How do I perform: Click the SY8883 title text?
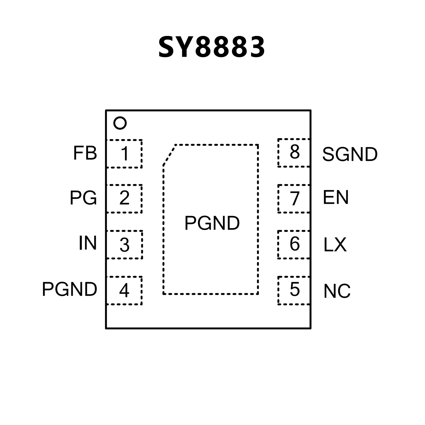pyautogui.click(x=212, y=47)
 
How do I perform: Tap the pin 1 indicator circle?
pyautogui.click(x=120, y=123)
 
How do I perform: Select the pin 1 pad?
pyautogui.click(x=124, y=154)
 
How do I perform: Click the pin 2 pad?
pyautogui.click(x=124, y=199)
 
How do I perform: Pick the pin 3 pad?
pyautogui.click(x=125, y=244)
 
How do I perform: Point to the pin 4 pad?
pyautogui.click(x=124, y=290)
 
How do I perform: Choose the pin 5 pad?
pyautogui.click(x=294, y=290)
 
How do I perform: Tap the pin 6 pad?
pyautogui.click(x=294, y=244)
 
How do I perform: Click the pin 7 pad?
pyautogui.click(x=294, y=199)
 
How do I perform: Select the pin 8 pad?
pyautogui.click(x=294, y=153)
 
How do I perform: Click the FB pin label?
pyautogui.click(x=85, y=153)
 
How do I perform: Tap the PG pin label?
pyautogui.click(x=83, y=198)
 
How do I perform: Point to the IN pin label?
pyautogui.click(x=87, y=243)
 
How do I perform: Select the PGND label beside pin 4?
pyautogui.click(x=69, y=289)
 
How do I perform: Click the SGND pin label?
pyautogui.click(x=350, y=154)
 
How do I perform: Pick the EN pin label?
pyautogui.click(x=336, y=197)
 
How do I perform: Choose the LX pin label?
pyautogui.click(x=335, y=245)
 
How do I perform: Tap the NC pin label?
pyautogui.click(x=337, y=291)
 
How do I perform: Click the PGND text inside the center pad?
pyautogui.click(x=212, y=223)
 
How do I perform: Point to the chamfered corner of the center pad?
pyautogui.click(x=169, y=155)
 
